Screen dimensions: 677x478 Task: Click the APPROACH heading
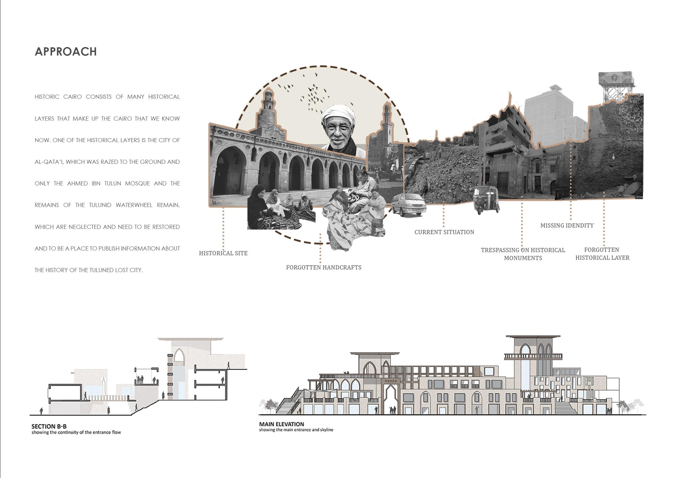(65, 52)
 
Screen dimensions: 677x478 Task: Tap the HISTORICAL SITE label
(223, 253)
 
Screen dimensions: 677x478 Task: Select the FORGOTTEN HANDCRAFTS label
(323, 267)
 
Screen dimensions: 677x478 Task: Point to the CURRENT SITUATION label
(444, 232)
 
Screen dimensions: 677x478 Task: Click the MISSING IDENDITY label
(567, 226)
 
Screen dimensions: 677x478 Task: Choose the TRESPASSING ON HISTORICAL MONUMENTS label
(523, 254)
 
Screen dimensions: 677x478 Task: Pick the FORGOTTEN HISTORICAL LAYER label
(602, 253)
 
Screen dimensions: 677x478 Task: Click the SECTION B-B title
(49, 426)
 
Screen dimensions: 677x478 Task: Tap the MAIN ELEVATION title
(281, 424)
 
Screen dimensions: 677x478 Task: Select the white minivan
(409, 205)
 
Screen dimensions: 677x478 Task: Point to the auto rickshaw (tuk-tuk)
(486, 200)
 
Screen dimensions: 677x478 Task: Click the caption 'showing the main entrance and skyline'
(296, 430)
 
